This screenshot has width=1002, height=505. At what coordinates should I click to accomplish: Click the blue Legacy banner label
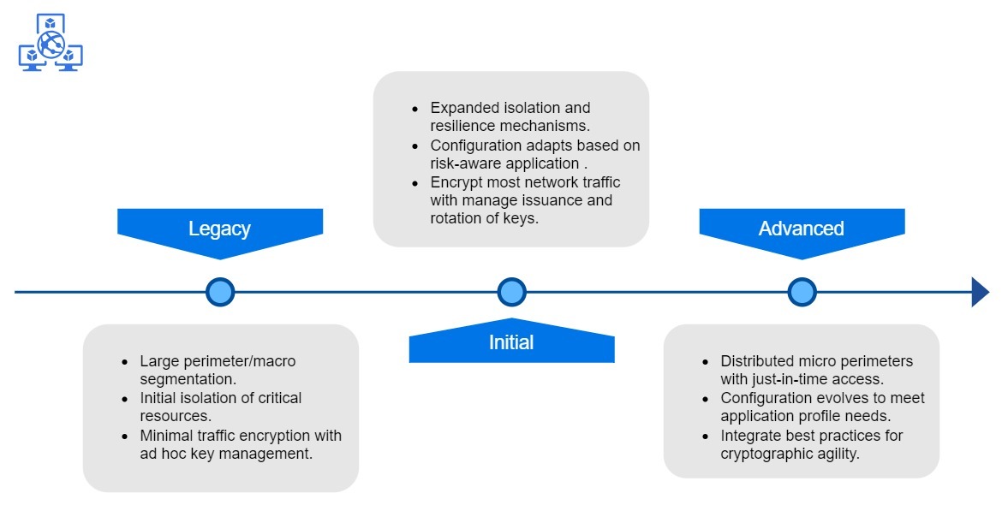click(219, 229)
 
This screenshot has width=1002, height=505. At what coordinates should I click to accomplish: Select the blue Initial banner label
click(511, 342)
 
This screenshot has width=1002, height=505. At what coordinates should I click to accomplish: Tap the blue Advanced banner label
click(801, 229)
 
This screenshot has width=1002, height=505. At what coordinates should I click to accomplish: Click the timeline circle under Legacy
click(220, 292)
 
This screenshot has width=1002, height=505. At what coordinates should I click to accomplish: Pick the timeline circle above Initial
click(511, 292)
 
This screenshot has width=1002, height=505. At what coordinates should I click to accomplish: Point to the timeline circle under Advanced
click(802, 292)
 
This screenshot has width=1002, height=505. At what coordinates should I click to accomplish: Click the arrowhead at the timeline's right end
click(980, 292)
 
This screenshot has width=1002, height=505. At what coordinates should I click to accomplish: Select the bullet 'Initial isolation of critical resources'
click(220, 407)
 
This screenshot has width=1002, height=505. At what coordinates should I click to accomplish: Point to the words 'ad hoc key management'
click(226, 454)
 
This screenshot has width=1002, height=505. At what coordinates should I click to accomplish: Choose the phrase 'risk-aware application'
click(504, 163)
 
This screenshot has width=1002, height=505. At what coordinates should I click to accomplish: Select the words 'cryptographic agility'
click(790, 454)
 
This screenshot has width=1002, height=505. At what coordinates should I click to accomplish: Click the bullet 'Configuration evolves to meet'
click(822, 398)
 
